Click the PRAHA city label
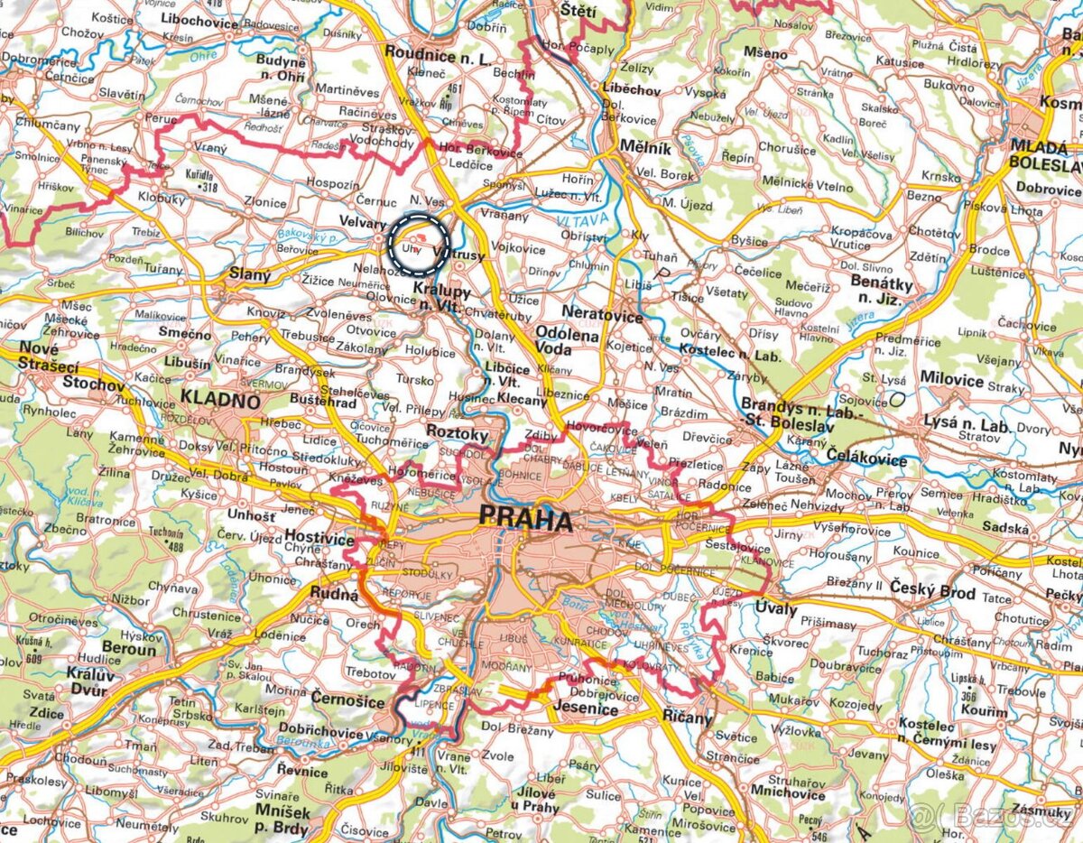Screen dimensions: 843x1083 526,520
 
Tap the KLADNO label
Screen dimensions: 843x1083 220,399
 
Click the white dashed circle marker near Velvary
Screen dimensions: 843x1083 419,244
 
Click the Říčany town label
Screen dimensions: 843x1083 688,718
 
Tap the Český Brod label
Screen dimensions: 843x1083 935,593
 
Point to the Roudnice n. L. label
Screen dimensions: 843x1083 438,51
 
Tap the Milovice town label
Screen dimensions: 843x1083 952,379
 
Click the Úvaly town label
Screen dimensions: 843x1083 776,609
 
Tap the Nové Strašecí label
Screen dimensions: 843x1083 40,357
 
